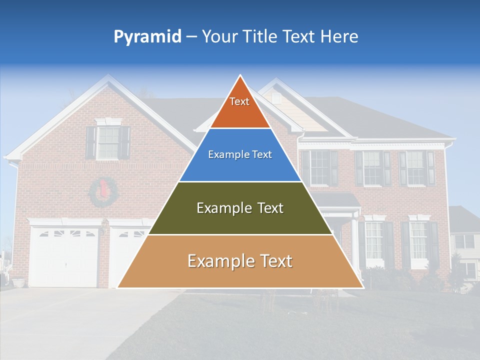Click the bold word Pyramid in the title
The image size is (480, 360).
coord(147,37)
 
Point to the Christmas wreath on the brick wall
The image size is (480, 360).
coord(103,192)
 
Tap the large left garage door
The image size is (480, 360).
coord(63,257)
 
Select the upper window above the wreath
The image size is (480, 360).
coord(108,142)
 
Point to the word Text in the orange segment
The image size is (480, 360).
coord(239,101)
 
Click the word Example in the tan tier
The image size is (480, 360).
coord(218,261)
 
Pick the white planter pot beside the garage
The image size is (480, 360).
coord(18,282)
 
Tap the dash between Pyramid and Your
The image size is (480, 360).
coord(191,37)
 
